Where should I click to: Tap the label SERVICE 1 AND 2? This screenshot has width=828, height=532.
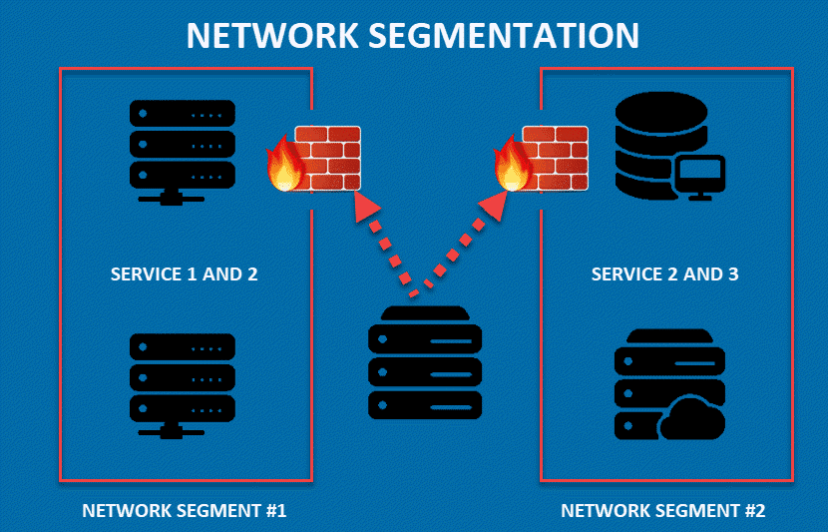coord(185,273)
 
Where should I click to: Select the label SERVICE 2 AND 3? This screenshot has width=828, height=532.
coord(665,273)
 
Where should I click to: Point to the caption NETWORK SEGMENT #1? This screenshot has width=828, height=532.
coord(185,510)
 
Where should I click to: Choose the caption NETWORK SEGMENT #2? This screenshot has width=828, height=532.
coord(663,510)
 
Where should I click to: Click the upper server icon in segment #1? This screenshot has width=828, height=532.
coord(183,148)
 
